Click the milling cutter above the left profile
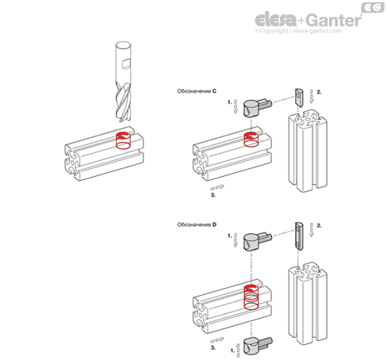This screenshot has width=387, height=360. pyautogui.click(x=123, y=82)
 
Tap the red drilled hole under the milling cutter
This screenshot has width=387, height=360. pyautogui.click(x=124, y=140)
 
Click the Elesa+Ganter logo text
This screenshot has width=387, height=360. pyautogui.click(x=308, y=20)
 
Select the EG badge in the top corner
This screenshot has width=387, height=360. pyautogui.click(x=373, y=8)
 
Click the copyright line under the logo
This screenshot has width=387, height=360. pyautogui.click(x=298, y=31)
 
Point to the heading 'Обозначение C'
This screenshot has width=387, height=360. pyautogui.click(x=197, y=91)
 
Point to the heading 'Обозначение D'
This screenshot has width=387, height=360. pyautogui.click(x=197, y=224)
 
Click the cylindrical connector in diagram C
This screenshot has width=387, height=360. pyautogui.click(x=257, y=107)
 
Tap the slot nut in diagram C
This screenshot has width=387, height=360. pyautogui.click(x=299, y=98)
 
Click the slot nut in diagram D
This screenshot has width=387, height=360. pyautogui.click(x=299, y=236)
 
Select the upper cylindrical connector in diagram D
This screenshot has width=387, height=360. pyautogui.click(x=257, y=241)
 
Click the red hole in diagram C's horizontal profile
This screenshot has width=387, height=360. pyautogui.click(x=251, y=140)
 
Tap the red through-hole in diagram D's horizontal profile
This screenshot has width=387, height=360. pyautogui.click(x=251, y=297)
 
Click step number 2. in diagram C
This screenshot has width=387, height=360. pyautogui.click(x=319, y=92)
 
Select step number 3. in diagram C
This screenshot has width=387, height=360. pyautogui.click(x=213, y=195)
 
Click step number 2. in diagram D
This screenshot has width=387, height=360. pyautogui.click(x=319, y=225)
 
